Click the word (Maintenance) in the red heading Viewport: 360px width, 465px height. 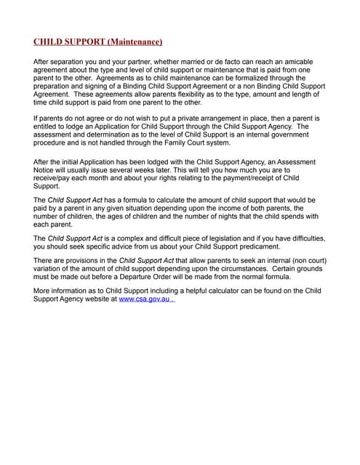pos(133,42)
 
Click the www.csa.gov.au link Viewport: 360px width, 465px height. pos(144,299)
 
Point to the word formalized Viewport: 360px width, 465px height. pos(238,81)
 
